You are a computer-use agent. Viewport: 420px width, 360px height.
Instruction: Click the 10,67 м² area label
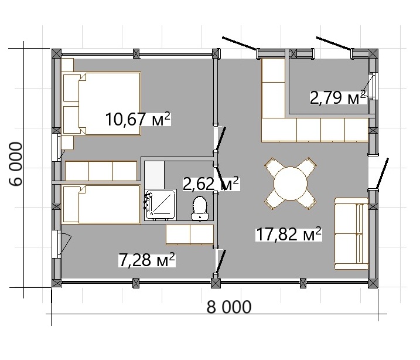pyautogui.click(x=138, y=119)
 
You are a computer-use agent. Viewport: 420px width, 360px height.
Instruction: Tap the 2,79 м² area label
pyautogui.click(x=338, y=98)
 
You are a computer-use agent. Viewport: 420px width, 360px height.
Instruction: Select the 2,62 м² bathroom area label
pyautogui.click(x=210, y=184)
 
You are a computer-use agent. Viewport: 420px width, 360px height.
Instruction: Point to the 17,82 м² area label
pyautogui.click(x=289, y=234)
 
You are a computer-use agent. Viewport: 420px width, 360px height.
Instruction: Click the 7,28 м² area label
pyautogui.click(x=147, y=260)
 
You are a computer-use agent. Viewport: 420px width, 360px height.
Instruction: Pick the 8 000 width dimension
pyautogui.click(x=229, y=307)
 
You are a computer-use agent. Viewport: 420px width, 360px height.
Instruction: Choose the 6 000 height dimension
pyautogui.click(x=16, y=164)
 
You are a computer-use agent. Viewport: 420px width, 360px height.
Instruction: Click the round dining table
pyautogui.click(x=291, y=184)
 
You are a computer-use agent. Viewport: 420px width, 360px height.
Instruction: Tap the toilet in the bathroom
pyautogui.click(x=199, y=208)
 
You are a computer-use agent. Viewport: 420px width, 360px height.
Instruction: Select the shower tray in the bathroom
pyautogui.click(x=160, y=205)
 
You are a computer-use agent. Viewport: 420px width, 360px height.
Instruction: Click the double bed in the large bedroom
pyautogui.click(x=101, y=103)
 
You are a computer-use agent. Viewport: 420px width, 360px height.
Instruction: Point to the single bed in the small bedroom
pyautogui.click(x=101, y=205)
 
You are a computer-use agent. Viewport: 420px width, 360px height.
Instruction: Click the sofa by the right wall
pyautogui.click(x=351, y=233)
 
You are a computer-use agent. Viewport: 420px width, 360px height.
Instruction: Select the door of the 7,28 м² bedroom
pyautogui.click(x=221, y=261)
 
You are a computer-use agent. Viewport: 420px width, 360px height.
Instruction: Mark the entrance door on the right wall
pyautogui.click(x=382, y=174)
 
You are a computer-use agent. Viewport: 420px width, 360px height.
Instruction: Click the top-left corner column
pyautogui.click(x=56, y=53)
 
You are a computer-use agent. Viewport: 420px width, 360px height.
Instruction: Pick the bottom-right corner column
pyautogui.click(x=373, y=283)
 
